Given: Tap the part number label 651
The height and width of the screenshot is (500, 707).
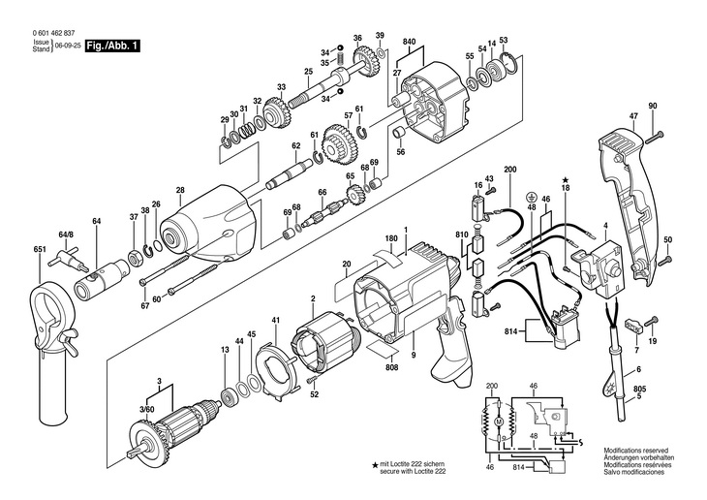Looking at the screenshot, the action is click(40, 250).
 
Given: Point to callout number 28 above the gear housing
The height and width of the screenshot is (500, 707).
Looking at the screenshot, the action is click(180, 191).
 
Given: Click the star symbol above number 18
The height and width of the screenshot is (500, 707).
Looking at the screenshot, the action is click(566, 180).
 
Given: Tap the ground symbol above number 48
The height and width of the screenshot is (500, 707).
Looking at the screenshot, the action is click(532, 197).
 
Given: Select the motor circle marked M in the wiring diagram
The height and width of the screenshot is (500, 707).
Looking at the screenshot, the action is click(499, 422).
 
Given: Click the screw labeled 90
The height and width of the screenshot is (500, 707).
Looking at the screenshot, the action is click(656, 138).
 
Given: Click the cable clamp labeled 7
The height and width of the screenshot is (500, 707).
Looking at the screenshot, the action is click(631, 326).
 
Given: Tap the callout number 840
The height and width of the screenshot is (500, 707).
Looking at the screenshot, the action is click(410, 42).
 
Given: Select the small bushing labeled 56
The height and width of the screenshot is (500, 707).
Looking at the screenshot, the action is click(399, 132).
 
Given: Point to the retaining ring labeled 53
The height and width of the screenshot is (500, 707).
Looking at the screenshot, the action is click(510, 63).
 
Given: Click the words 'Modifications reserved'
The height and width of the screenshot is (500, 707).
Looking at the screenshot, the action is click(635, 451).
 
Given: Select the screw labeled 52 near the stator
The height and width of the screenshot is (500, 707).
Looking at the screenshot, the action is click(312, 381).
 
